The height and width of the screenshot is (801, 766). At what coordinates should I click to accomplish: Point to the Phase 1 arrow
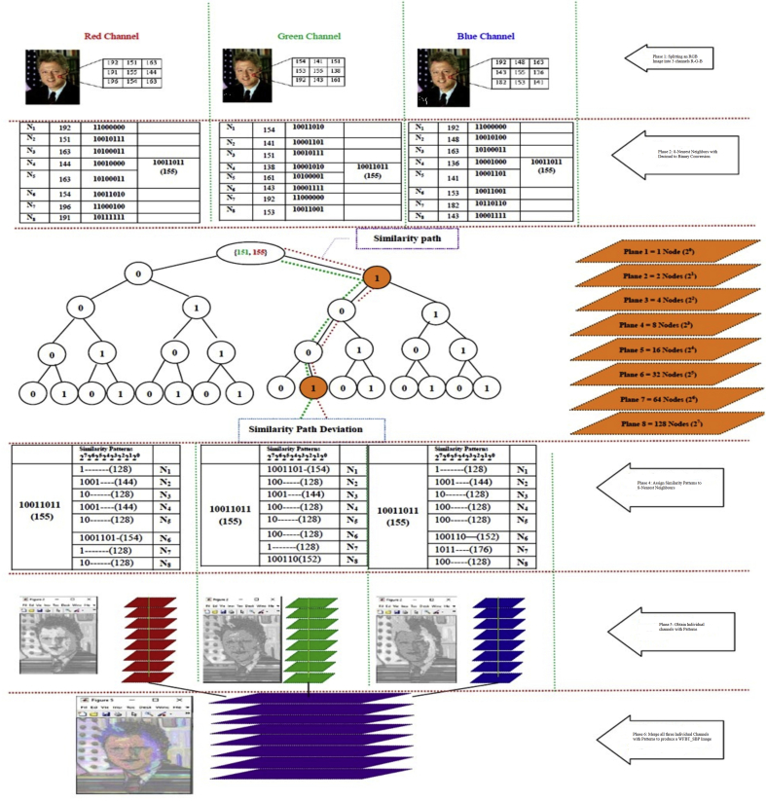coord(681,59)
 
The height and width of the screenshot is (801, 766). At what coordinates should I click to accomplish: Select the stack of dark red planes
coord(150,633)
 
